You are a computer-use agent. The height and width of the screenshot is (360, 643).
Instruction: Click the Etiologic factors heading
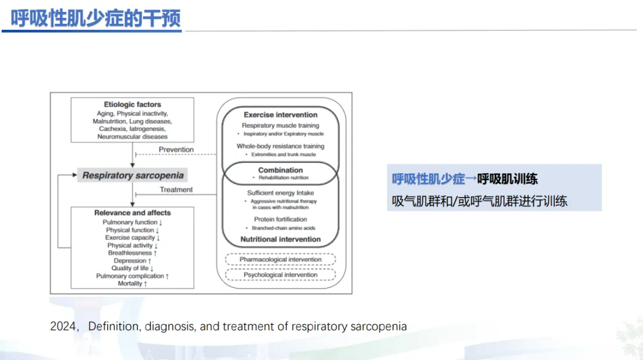[132, 105]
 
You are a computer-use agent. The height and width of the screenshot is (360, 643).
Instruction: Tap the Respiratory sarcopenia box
[133, 176]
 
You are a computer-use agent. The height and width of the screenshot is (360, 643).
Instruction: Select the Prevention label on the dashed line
[176, 149]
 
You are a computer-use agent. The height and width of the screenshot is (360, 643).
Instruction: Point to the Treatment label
[176, 190]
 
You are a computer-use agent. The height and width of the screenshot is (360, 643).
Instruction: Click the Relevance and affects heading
[132, 213]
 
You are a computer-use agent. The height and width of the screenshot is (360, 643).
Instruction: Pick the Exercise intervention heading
[280, 115]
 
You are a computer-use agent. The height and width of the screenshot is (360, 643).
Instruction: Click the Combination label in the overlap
[280, 170]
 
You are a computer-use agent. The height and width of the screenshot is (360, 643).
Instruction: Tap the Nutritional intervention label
[280, 239]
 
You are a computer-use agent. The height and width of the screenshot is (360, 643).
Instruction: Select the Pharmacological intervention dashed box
[280, 259]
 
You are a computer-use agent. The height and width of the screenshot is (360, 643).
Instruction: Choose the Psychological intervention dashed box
[280, 275]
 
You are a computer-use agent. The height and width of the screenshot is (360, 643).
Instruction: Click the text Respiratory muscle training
[280, 126]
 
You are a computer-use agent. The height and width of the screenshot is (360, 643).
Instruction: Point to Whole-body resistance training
[280, 146]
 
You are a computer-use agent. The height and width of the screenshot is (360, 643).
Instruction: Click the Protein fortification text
[280, 220]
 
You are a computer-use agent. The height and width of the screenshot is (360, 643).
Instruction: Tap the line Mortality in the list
[132, 284]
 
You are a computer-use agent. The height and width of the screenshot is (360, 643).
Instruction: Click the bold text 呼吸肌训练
[507, 179]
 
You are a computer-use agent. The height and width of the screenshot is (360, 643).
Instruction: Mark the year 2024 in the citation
[63, 327]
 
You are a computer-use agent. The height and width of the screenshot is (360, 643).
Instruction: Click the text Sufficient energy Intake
[280, 193]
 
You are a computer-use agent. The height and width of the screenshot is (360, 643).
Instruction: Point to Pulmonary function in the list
[132, 223]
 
